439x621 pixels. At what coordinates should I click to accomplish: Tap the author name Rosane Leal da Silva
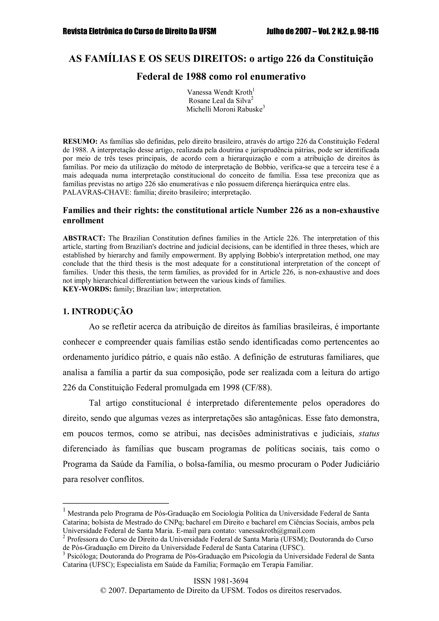[220, 101]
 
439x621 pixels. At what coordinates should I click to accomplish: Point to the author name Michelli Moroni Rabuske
[224, 109]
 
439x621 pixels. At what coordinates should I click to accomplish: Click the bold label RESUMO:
[80, 141]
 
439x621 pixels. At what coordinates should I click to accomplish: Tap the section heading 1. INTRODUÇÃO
[98, 311]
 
